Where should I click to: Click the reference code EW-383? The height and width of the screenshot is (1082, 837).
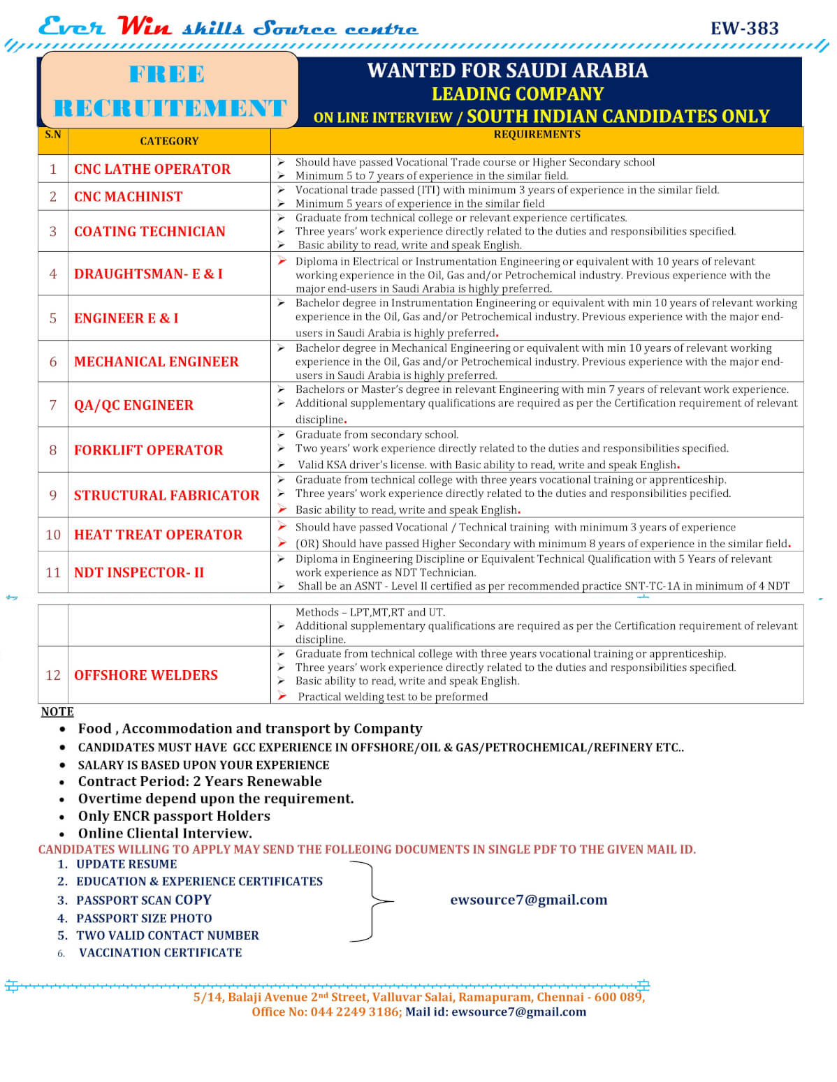tap(744, 28)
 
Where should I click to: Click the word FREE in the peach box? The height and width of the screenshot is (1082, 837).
tap(167, 74)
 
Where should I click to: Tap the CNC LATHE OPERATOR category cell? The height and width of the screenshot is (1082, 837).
tap(152, 169)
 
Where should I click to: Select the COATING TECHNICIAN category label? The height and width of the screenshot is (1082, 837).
tap(150, 231)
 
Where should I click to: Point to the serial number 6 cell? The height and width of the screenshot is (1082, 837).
tap(53, 362)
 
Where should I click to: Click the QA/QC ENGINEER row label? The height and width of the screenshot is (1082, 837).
tap(133, 405)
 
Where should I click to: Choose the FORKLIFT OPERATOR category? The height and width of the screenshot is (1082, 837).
tap(148, 450)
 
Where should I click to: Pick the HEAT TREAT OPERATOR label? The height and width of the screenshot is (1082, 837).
tap(158, 535)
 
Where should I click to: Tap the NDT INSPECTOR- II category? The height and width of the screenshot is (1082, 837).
tap(139, 572)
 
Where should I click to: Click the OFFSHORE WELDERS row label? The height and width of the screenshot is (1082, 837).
tap(145, 675)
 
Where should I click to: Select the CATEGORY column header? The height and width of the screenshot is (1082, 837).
tap(169, 141)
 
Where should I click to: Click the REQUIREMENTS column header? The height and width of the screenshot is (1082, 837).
tap(537, 134)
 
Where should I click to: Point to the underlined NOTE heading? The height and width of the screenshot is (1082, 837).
tap(57, 711)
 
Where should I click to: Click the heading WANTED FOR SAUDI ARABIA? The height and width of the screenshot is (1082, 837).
tap(507, 71)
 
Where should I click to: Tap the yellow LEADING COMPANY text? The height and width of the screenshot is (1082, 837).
tap(517, 94)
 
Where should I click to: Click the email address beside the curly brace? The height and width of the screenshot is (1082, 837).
tap(528, 900)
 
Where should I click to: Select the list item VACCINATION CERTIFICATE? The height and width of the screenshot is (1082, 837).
tap(160, 953)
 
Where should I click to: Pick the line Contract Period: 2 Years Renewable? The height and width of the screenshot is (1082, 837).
tap(200, 781)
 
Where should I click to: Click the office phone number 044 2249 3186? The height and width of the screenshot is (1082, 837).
tap(355, 1011)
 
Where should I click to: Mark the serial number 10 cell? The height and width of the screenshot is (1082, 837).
tap(53, 535)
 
